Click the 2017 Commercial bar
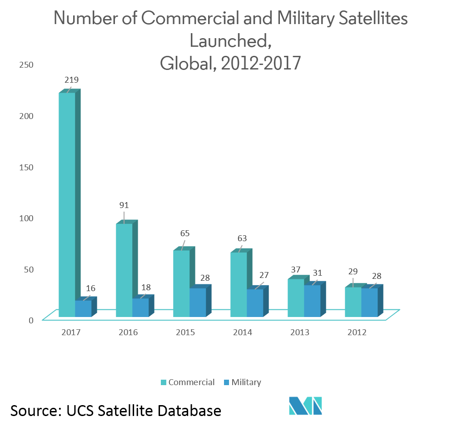[67, 204]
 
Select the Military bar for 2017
[83, 308]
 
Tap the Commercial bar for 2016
[124, 270]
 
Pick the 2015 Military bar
[198, 302]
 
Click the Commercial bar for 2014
[239, 284]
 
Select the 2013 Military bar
[312, 301]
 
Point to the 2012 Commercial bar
[353, 302]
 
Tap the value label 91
[124, 205]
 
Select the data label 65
[184, 233]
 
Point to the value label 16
[90, 288]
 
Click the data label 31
[317, 273]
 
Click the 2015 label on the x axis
[185, 332]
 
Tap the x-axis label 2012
[357, 332]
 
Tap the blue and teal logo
[305, 405]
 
